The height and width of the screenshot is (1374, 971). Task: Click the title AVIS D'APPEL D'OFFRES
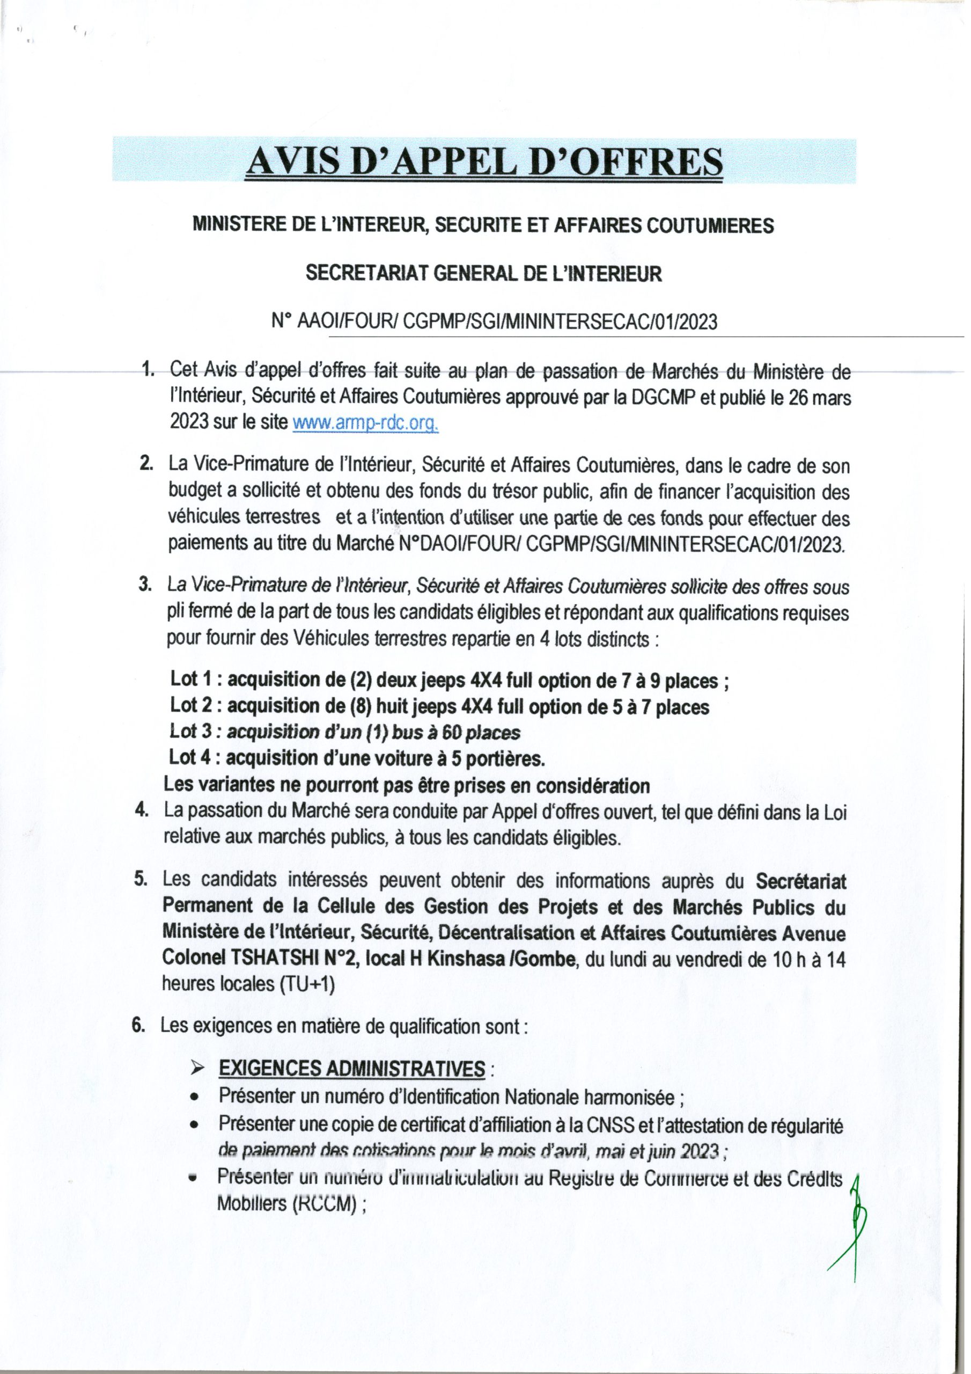click(x=484, y=162)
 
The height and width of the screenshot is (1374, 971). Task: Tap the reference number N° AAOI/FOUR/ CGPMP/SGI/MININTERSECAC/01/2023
click(x=494, y=322)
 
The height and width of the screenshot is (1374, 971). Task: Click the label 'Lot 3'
click(x=191, y=732)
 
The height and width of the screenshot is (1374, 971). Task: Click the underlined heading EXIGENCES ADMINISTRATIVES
click(x=352, y=1068)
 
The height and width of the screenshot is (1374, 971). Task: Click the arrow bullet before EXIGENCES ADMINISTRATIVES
click(x=197, y=1069)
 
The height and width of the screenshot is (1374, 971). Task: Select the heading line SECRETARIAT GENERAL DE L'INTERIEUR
click(x=484, y=274)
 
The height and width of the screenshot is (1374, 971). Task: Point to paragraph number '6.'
click(x=139, y=1025)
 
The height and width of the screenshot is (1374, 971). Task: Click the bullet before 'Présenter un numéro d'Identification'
click(x=194, y=1098)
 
